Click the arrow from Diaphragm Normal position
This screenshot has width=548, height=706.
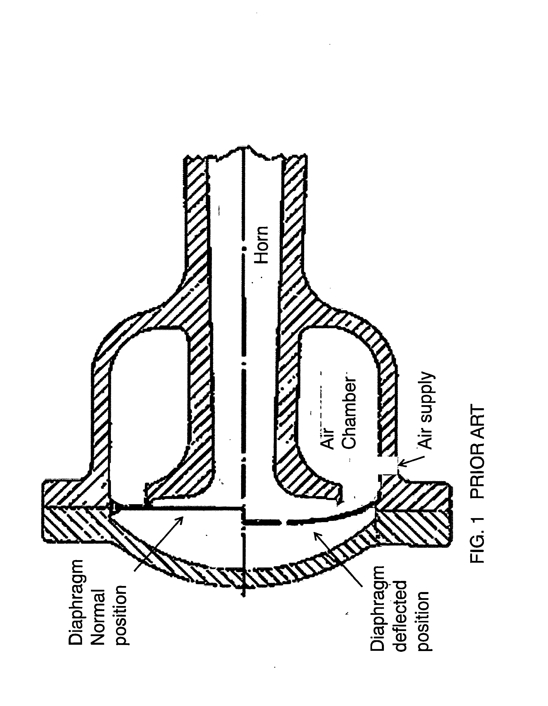159,544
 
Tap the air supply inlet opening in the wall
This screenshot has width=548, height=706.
388,465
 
